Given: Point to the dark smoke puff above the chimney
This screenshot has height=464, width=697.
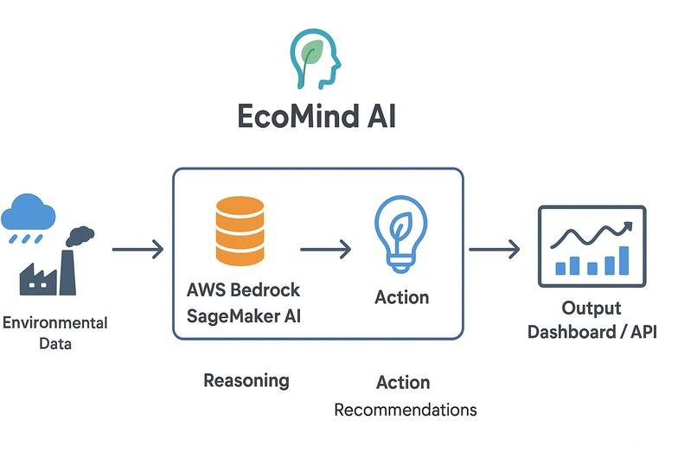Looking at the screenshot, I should click(x=80, y=235).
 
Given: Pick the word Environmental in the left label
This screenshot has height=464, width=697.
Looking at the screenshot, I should click(x=55, y=323).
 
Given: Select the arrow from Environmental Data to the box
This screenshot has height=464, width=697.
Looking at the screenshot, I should click(x=137, y=250).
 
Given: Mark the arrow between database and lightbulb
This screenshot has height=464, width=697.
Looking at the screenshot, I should click(x=326, y=250).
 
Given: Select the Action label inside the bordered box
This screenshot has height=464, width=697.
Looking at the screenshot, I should click(x=401, y=297).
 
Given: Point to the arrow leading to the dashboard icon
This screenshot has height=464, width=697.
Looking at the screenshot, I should click(x=495, y=250).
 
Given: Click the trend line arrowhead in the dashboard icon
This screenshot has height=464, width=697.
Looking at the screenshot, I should click(x=626, y=226).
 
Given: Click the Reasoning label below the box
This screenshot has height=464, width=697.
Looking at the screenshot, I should click(x=246, y=380).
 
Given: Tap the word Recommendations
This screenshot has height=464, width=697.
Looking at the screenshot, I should click(x=406, y=410).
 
